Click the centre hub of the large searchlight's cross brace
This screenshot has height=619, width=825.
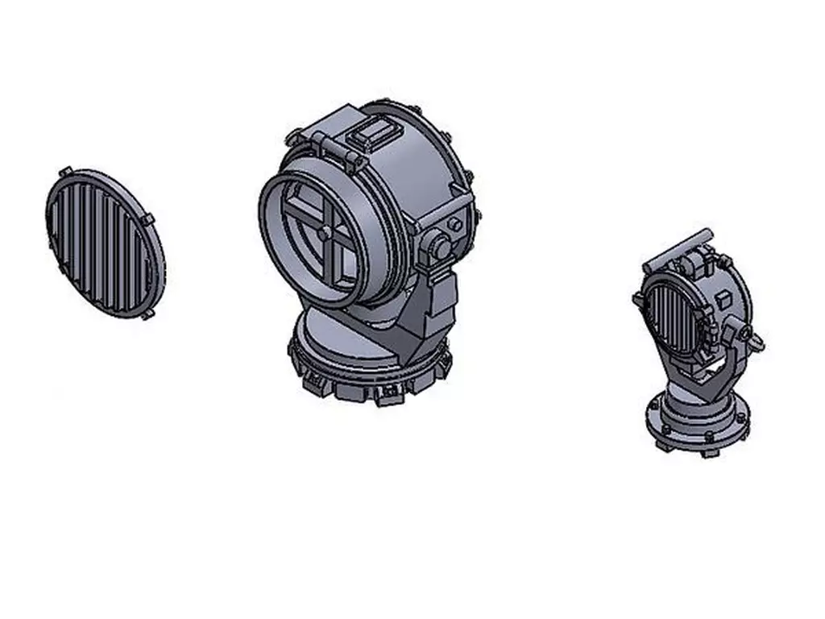[324, 233]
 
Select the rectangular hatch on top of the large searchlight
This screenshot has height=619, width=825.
[372, 134]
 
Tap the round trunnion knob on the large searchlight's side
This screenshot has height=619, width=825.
[440, 246]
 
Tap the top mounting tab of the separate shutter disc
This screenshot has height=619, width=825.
[65, 171]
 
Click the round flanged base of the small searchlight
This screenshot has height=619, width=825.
[698, 423]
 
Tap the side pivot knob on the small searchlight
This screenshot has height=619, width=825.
[744, 334]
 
